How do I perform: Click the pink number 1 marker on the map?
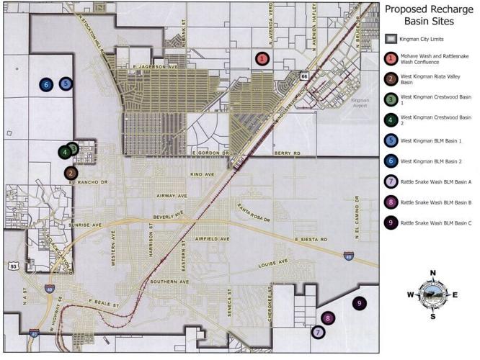coord(262,58)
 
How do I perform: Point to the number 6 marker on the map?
coord(46,84)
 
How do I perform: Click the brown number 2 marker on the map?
coord(71,173)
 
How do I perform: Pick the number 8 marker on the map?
coord(328,318)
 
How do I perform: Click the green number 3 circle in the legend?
coord(391,99)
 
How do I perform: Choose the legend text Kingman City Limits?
coord(425,38)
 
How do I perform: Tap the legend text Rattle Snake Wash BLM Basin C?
coord(435,223)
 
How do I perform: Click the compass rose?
coord(433,294)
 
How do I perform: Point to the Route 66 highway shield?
coord(305,75)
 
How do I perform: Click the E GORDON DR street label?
coord(211,153)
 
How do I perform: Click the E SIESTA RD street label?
coord(311,239)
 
